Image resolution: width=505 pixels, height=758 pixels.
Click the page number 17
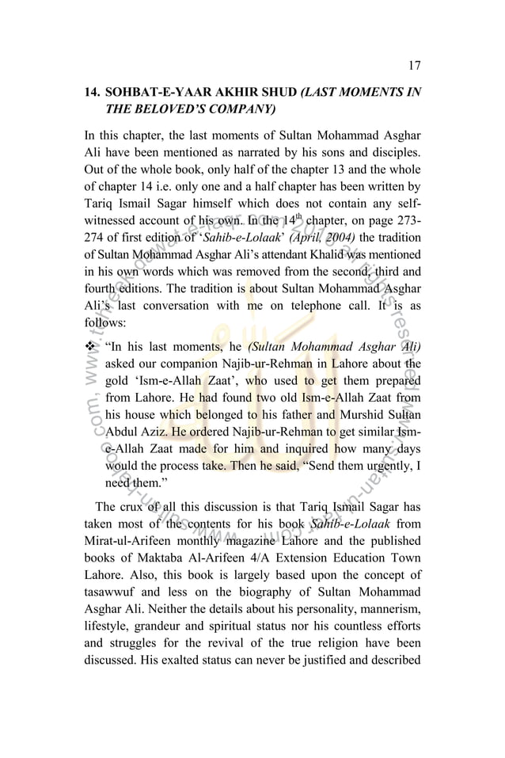tap(415, 66)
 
